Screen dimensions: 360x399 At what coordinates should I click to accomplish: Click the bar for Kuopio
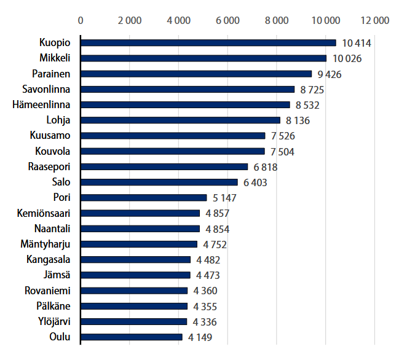point(208,42)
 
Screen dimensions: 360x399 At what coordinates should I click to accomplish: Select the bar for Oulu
point(132,337)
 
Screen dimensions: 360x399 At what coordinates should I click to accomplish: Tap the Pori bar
point(144,197)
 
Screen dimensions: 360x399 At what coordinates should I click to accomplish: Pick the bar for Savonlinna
point(188,89)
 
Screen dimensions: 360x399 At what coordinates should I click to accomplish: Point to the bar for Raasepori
point(164,166)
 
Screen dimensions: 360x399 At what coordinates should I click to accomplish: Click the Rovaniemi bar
point(134,291)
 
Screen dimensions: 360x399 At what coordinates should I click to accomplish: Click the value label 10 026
point(347,58)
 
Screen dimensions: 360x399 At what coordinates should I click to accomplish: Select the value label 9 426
point(329,74)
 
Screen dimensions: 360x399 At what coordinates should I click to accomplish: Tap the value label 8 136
point(298,120)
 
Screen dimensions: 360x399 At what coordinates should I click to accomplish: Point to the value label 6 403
point(255,182)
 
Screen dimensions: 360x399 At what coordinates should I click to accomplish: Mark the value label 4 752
point(215,245)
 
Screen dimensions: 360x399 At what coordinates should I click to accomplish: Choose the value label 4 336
point(205,322)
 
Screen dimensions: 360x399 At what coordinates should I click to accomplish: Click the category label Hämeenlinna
point(41,104)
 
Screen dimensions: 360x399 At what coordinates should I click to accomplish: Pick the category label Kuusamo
point(50,136)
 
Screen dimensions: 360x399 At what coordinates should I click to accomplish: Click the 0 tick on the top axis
point(81,20)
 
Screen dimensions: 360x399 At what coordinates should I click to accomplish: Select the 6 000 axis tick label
point(227,20)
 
